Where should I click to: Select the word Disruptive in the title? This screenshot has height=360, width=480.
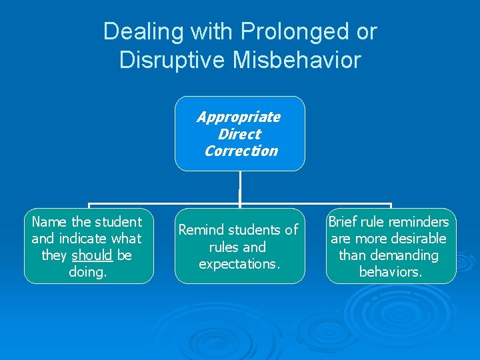point(171,60)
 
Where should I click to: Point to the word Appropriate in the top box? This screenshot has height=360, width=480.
point(239,117)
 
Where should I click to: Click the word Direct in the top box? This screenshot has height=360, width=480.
point(239,134)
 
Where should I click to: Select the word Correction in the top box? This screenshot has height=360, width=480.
point(241,151)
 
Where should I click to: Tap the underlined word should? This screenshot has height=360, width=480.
point(92,255)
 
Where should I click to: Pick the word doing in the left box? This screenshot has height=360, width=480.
point(88,272)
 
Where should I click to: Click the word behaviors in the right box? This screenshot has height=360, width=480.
point(390,272)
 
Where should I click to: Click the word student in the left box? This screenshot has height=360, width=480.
point(117,222)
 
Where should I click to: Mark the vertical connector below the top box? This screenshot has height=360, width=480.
point(239,187)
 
